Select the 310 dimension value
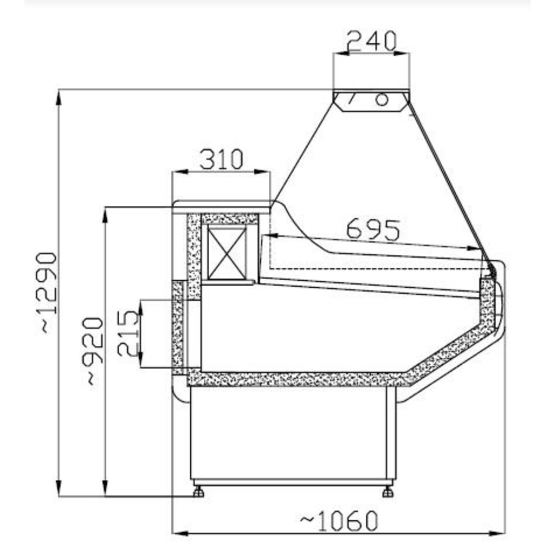pos(222,159)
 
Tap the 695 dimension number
pos(373,230)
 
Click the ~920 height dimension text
pos(93,351)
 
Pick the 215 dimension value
pos(127,333)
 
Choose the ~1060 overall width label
pos(339,521)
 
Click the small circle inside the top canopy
pos(382,100)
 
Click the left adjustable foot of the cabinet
pos(198,492)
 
